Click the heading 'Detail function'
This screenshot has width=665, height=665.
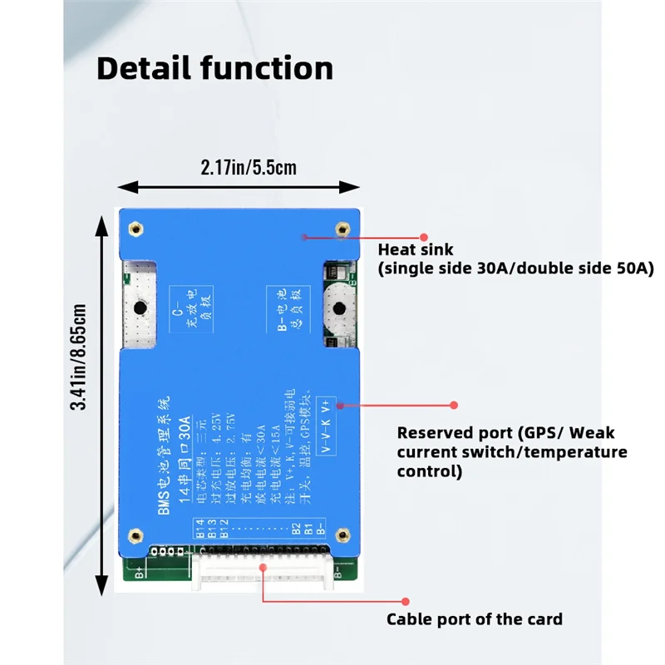pyautogui.click(x=214, y=68)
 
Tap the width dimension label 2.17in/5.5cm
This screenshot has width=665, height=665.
pyautogui.click(x=249, y=167)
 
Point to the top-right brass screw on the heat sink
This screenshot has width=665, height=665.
pyautogui.click(x=340, y=229)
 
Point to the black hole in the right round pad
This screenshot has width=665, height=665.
pyautogui.click(x=338, y=309)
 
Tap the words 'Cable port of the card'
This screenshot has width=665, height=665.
pyautogui.click(x=475, y=619)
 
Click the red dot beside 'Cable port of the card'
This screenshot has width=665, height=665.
pyautogui.click(x=405, y=600)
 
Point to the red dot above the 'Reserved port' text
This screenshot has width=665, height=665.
pyautogui.click(x=454, y=405)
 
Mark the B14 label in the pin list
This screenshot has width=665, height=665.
pyautogui.click(x=199, y=525)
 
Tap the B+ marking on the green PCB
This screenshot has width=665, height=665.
pyautogui.click(x=139, y=572)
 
